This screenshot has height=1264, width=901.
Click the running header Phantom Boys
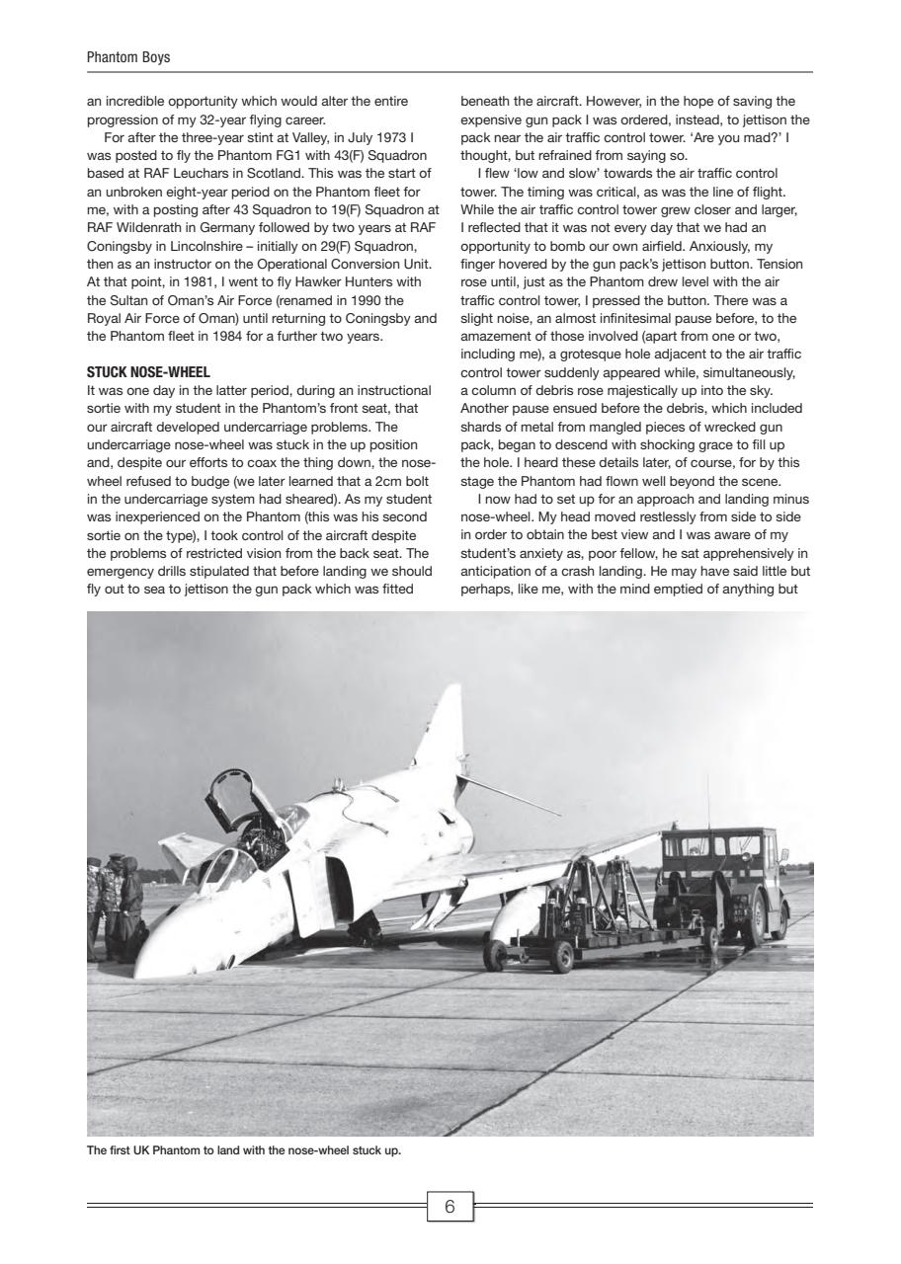(x=128, y=57)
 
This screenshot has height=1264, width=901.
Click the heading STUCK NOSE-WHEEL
(x=148, y=373)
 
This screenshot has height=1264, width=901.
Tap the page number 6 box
(x=450, y=1207)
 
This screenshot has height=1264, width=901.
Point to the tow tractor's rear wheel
(x=758, y=919)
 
